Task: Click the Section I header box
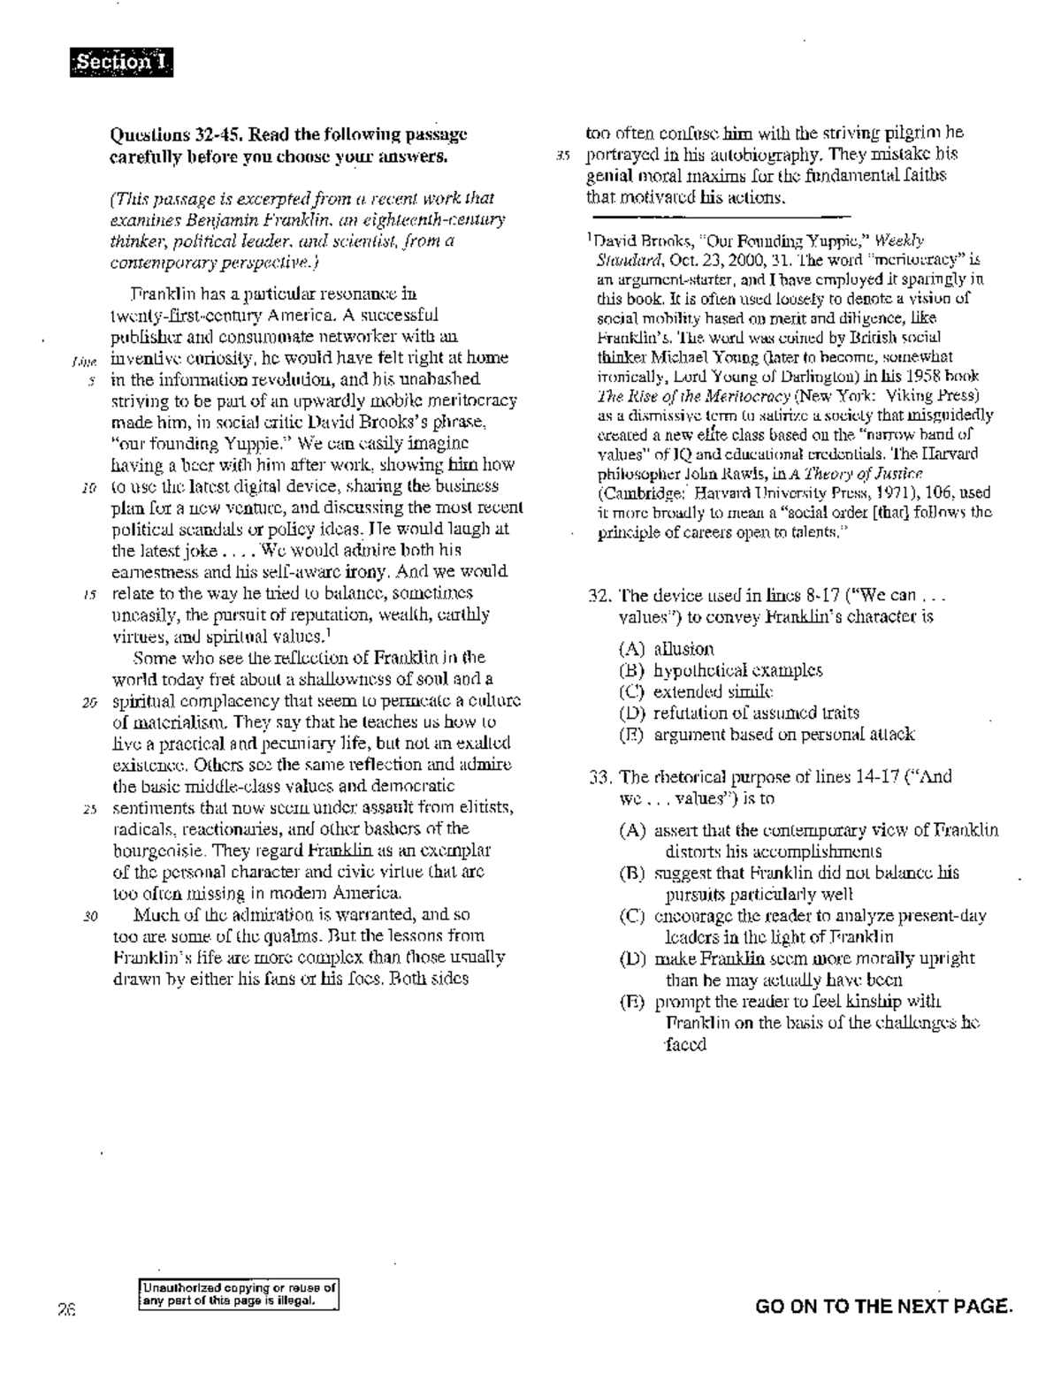tap(121, 63)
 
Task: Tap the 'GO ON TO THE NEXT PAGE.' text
tap(882, 1306)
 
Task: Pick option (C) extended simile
tap(696, 691)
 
